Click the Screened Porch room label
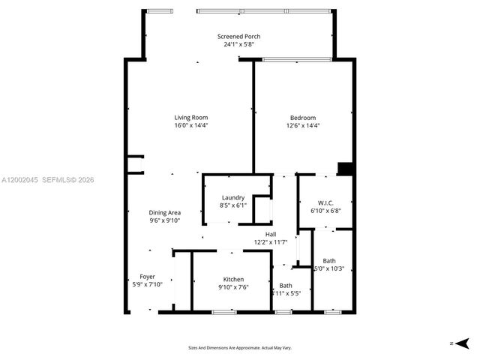point(238,36)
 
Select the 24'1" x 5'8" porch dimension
point(238,44)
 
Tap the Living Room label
point(190,117)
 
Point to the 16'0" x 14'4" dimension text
point(190,125)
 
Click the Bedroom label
point(303,117)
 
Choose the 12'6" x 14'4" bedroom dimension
point(303,125)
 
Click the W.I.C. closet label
point(325,202)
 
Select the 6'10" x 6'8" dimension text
point(325,211)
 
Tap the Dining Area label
point(164,212)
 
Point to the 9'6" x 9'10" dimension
point(164,220)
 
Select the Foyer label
point(147,277)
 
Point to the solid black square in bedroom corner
point(345,169)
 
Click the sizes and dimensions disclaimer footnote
point(239,348)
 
